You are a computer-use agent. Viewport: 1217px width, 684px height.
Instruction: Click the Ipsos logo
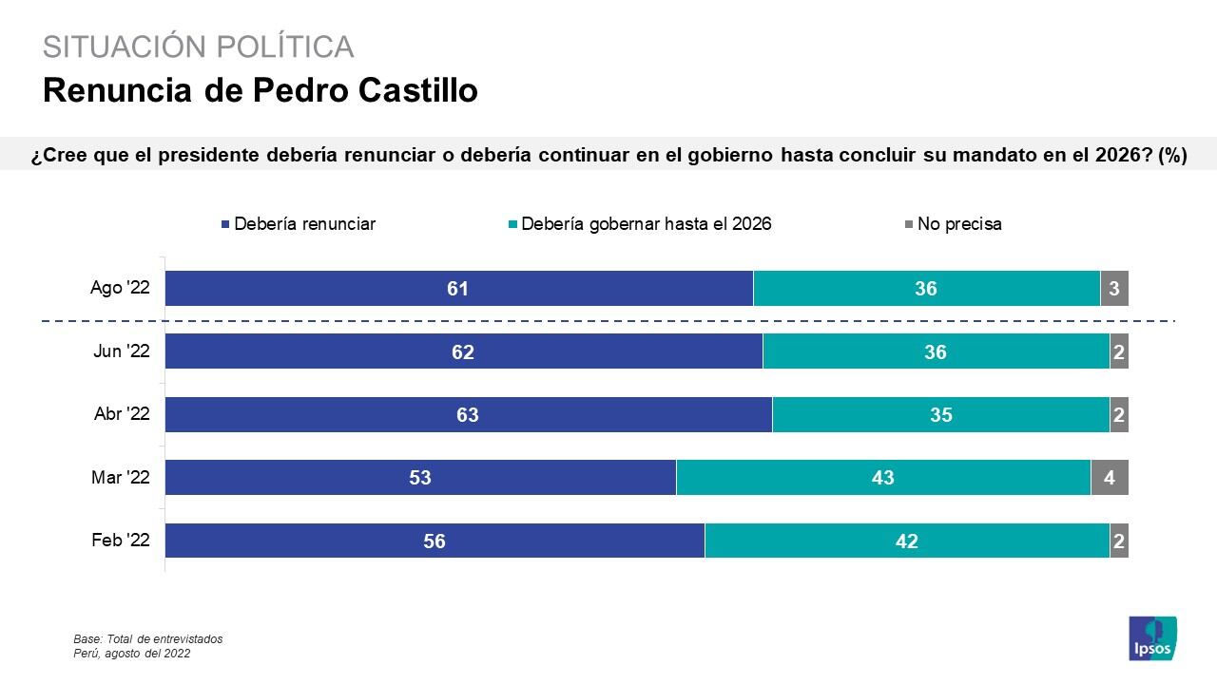pos(1152,638)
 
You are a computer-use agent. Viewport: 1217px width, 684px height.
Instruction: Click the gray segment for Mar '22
pos(1109,477)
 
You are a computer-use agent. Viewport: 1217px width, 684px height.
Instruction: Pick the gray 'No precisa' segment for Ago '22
pos(1113,288)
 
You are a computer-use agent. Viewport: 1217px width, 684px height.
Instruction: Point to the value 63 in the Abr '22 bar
pos(467,414)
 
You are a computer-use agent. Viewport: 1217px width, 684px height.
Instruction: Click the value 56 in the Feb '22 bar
pos(435,541)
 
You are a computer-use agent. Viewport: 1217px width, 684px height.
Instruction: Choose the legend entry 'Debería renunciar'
pos(298,224)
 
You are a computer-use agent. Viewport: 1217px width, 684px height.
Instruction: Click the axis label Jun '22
pos(122,351)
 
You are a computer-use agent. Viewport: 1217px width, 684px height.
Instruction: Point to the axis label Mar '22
pos(121,478)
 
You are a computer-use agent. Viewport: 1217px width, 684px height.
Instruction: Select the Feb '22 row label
pos(121,541)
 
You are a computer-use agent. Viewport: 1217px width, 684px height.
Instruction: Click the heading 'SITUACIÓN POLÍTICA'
pos(198,47)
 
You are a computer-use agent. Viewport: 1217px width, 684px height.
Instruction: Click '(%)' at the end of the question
pos(1172,155)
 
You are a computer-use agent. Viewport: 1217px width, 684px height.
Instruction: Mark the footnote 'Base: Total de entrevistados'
pos(147,639)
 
